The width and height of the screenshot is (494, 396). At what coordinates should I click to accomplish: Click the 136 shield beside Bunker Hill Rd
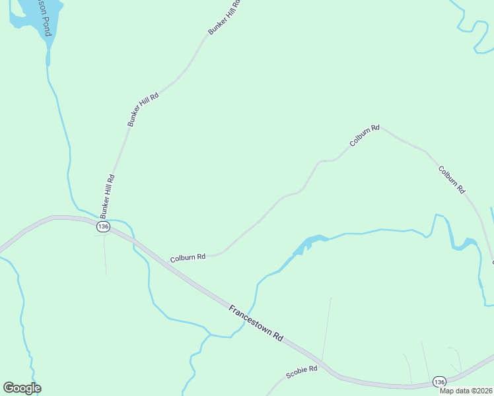click(x=102, y=227)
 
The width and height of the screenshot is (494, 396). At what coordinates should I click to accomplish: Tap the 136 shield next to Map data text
click(x=439, y=382)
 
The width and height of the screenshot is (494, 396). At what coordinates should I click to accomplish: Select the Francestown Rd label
click(x=256, y=323)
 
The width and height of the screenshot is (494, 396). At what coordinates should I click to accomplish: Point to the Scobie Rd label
click(x=302, y=372)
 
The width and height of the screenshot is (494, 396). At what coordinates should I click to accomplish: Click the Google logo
click(x=22, y=388)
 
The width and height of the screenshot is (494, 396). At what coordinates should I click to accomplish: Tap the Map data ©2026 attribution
click(x=466, y=391)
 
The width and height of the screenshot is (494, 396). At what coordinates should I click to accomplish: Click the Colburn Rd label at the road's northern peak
click(x=365, y=135)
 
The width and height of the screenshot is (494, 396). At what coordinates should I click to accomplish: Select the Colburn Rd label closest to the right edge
click(x=452, y=179)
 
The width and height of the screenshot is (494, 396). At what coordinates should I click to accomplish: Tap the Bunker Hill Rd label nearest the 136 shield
click(x=108, y=196)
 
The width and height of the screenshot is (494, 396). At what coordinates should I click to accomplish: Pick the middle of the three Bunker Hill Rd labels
click(x=143, y=110)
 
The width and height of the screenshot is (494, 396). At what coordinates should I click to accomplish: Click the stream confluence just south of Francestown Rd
click(x=210, y=335)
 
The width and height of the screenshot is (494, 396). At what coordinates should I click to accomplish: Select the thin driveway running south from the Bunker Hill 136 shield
click(x=104, y=254)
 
